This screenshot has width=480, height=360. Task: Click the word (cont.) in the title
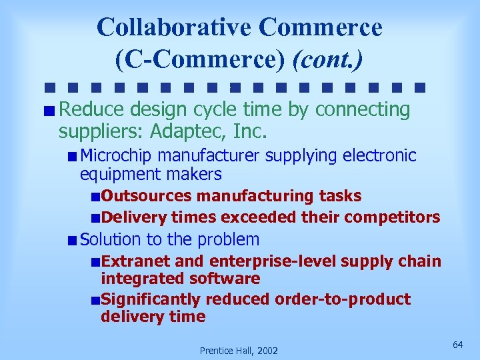click(x=328, y=59)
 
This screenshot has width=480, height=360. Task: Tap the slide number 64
click(x=457, y=344)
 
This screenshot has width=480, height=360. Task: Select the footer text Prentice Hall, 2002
click(x=239, y=351)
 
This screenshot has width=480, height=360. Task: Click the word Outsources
click(x=147, y=196)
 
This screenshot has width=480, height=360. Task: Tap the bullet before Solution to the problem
click(x=72, y=239)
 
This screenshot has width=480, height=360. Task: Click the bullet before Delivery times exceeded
click(x=97, y=217)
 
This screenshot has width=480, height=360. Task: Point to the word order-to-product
click(x=343, y=299)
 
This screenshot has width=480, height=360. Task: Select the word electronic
click(x=379, y=156)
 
